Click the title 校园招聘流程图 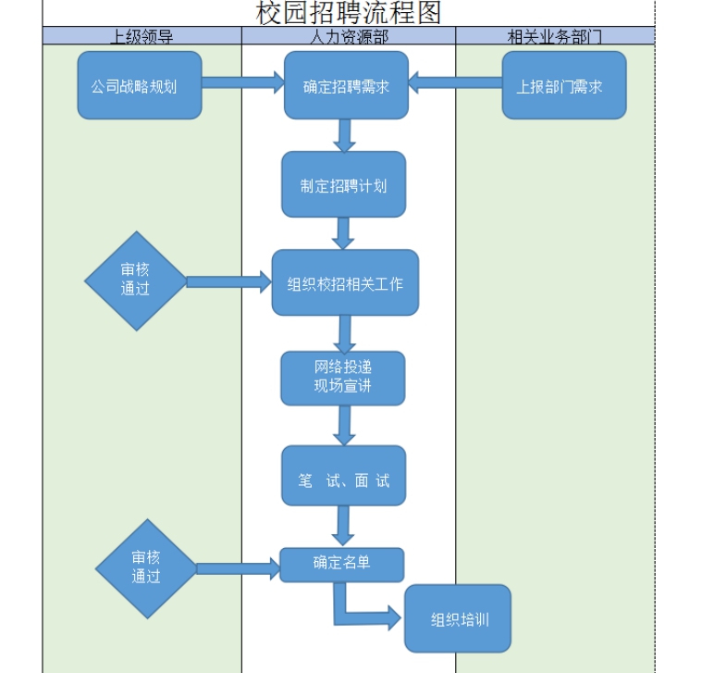(x=349, y=13)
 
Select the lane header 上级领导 (x=142, y=36)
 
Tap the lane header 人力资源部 (x=349, y=36)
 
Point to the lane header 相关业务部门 (x=555, y=36)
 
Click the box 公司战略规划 (x=139, y=86)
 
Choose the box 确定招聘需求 (x=346, y=86)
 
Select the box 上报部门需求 (x=564, y=86)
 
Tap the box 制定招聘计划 (x=344, y=185)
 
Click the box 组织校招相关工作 (x=345, y=283)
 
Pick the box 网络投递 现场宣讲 (x=343, y=378)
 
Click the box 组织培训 (x=458, y=618)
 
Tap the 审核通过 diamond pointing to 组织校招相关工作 (x=136, y=280)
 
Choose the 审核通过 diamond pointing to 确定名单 (x=146, y=567)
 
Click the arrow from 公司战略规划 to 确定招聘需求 (x=242, y=84)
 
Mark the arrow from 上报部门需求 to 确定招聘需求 (x=455, y=83)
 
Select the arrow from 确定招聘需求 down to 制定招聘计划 (x=346, y=135)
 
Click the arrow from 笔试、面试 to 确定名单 (x=343, y=526)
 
